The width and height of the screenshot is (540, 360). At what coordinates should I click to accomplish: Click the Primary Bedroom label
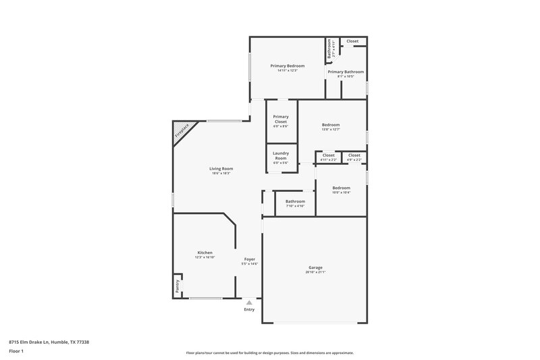click(x=288, y=66)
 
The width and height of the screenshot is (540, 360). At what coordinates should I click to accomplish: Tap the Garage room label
click(x=315, y=267)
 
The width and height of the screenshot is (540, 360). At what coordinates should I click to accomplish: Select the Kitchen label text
click(x=205, y=253)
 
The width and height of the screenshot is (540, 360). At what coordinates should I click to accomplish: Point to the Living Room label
click(x=221, y=169)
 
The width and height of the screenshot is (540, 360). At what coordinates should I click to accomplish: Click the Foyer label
click(x=249, y=259)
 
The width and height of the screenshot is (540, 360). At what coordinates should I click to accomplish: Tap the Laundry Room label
click(x=280, y=155)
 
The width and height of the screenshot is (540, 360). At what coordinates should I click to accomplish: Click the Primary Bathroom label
click(x=346, y=72)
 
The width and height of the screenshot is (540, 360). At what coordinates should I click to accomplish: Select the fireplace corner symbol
click(x=183, y=130)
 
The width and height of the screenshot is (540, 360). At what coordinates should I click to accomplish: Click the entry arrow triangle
click(x=249, y=303)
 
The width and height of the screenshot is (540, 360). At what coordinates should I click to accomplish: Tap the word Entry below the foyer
click(x=249, y=310)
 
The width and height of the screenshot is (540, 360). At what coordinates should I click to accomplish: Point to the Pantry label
click(x=177, y=286)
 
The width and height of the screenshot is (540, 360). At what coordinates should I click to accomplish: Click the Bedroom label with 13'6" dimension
click(x=331, y=125)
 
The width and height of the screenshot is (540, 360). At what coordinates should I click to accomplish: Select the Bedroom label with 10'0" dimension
click(x=341, y=188)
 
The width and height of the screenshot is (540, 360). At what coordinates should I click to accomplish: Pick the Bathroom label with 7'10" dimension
click(x=295, y=201)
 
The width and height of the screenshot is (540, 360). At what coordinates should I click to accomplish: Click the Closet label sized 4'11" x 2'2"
click(x=328, y=155)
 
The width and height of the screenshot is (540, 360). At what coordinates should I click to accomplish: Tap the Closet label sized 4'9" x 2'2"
click(x=354, y=155)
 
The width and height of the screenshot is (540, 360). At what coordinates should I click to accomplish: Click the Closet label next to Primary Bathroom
click(x=353, y=41)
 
